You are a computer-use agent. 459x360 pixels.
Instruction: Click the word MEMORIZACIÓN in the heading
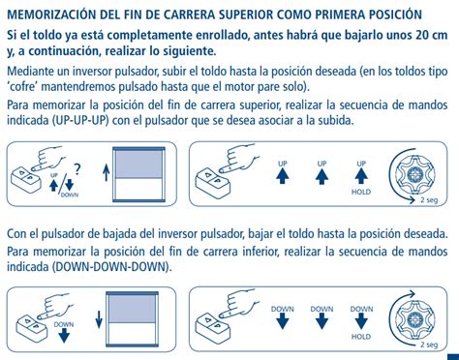click(x=51, y=15)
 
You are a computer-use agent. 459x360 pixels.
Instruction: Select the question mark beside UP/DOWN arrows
click(x=77, y=169)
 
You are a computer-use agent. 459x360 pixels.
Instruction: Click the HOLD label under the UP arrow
click(x=361, y=192)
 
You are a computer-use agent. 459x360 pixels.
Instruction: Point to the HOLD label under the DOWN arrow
click(x=361, y=337)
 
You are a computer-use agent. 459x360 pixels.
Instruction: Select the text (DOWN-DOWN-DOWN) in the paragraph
click(x=110, y=267)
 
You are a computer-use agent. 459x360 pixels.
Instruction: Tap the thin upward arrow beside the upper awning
click(x=106, y=173)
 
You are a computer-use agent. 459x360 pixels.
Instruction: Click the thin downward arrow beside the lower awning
click(x=99, y=319)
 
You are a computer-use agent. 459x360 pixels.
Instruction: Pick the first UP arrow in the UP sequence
click(x=283, y=176)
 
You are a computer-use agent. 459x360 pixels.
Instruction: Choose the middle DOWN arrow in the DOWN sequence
click(x=321, y=321)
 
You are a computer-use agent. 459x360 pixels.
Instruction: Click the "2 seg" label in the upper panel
click(x=429, y=200)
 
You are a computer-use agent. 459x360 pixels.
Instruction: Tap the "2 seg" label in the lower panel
click(x=429, y=345)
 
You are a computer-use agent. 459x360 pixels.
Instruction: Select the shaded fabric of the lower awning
click(x=132, y=310)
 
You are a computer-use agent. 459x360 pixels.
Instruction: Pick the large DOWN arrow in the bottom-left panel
click(x=64, y=337)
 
